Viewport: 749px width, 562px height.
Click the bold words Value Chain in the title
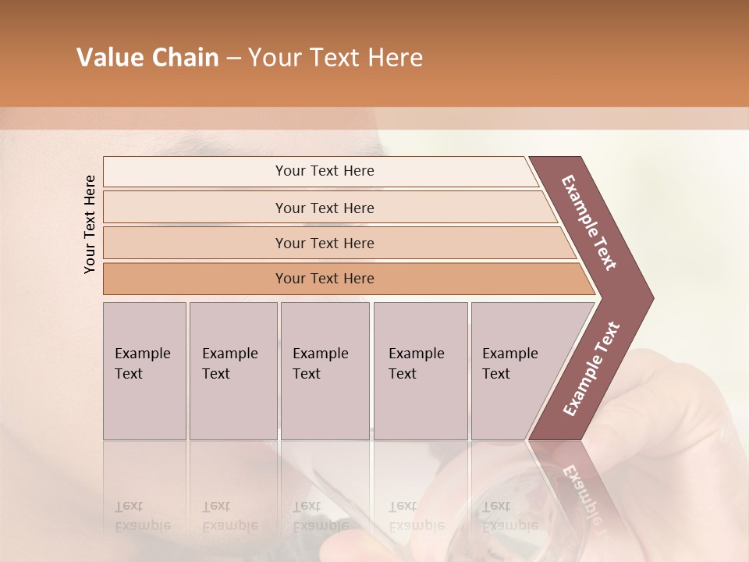[147, 58]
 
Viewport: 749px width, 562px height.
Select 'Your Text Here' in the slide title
[335, 58]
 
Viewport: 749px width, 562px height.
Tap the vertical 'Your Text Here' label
[90, 224]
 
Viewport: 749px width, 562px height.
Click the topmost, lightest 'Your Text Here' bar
[324, 171]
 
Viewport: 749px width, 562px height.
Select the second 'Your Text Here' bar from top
[324, 208]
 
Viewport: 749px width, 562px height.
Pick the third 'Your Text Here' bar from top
[324, 243]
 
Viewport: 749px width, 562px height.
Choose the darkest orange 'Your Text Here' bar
[324, 279]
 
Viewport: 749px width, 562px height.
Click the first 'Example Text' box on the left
[144, 371]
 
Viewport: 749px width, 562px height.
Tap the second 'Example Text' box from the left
[233, 371]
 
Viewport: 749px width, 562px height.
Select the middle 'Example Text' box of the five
[325, 371]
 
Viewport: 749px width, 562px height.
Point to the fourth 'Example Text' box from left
[420, 371]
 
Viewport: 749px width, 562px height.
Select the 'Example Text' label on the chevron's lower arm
[591, 369]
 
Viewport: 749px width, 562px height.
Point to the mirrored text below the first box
[143, 516]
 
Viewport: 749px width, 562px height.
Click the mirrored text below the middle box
[320, 516]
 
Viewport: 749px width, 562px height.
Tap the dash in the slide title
[233, 59]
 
